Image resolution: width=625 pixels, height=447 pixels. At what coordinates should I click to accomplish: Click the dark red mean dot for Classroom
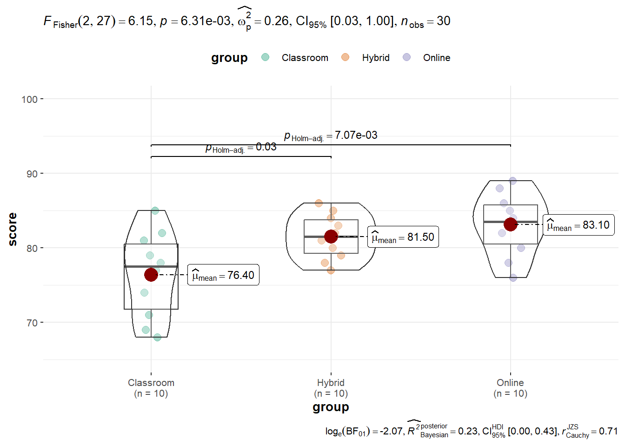click(x=151, y=275)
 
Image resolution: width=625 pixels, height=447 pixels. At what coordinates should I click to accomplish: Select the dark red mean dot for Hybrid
click(x=331, y=237)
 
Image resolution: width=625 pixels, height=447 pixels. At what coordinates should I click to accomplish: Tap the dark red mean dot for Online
click(x=511, y=224)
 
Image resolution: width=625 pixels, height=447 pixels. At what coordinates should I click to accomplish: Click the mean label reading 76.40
click(x=223, y=275)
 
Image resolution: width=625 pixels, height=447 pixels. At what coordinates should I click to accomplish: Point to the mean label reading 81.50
click(x=403, y=237)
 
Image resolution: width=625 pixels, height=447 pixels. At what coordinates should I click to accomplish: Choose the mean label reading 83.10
click(x=578, y=224)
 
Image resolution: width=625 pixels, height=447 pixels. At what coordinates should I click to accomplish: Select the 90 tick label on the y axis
click(x=32, y=174)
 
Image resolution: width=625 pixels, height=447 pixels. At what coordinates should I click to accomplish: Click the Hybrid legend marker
click(x=345, y=57)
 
